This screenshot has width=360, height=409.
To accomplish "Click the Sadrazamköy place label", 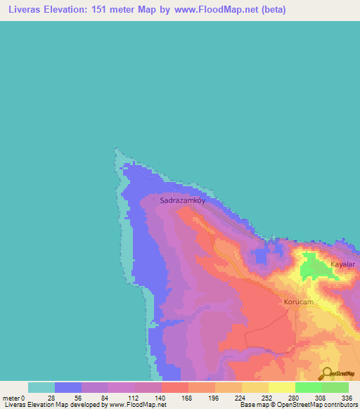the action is click(186, 200).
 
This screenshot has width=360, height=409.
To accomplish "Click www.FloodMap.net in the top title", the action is click(215, 11).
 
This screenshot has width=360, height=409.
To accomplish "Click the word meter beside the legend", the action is click(11, 397).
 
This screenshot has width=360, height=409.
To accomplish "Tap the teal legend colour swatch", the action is click(41, 387).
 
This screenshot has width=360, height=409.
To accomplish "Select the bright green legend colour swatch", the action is click(308, 387).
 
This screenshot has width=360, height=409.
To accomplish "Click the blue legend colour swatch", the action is click(67, 387).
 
